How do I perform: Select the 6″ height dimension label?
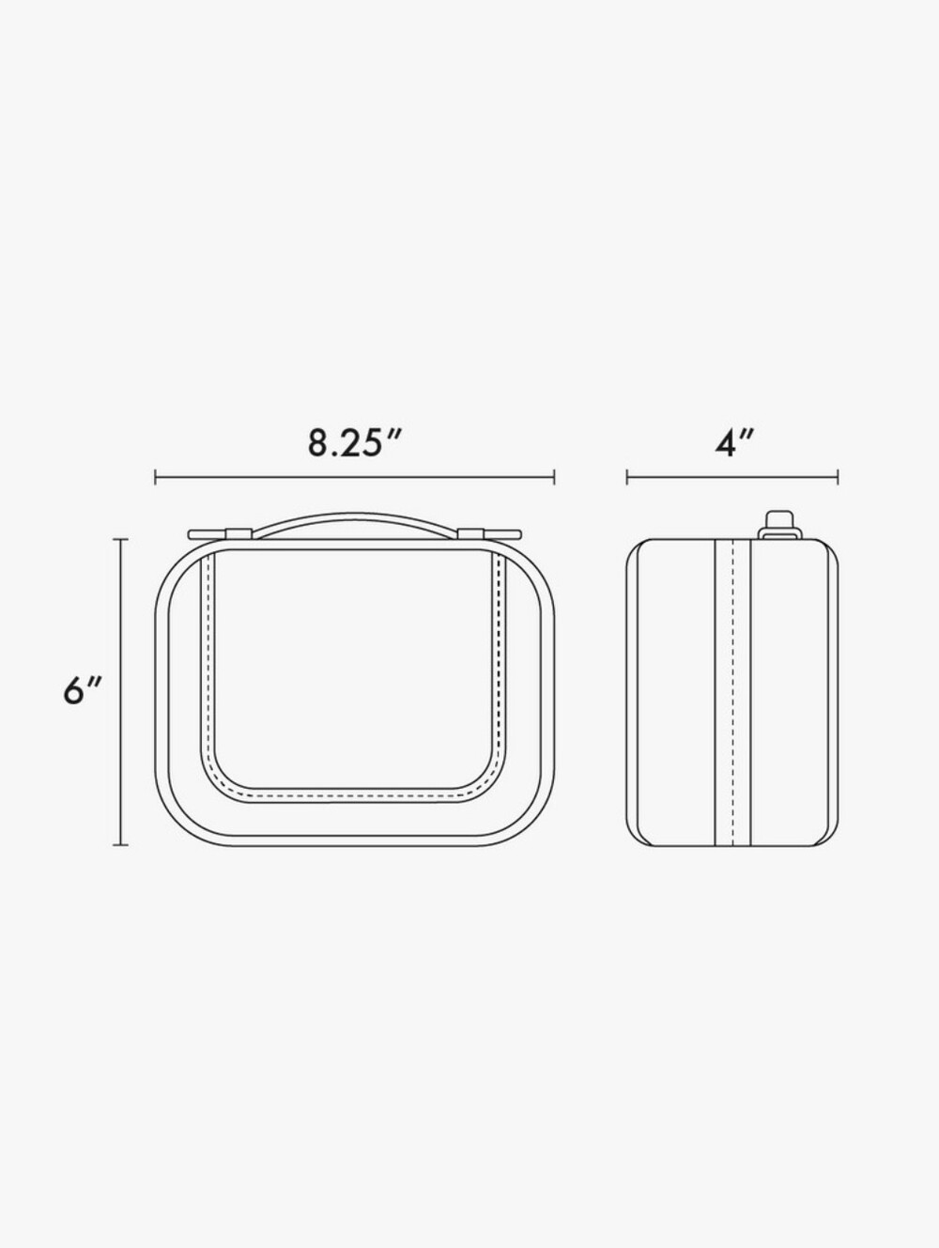[83, 691]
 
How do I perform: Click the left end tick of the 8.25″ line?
[155, 477]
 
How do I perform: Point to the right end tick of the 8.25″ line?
[554, 477]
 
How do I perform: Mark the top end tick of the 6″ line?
[120, 539]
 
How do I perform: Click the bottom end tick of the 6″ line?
[120, 845]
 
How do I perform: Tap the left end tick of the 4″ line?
[627, 477]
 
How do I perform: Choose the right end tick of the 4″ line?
[838, 477]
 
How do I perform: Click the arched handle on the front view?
[355, 516]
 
